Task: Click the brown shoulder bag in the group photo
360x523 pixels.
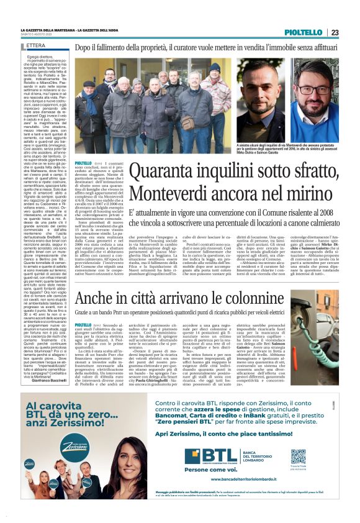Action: [x=188, y=122]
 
